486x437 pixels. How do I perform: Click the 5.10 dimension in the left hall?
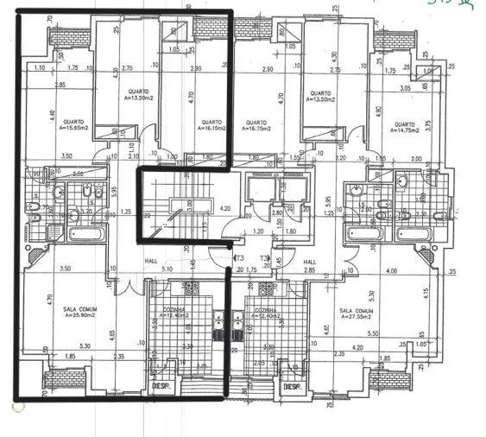tap(167, 269)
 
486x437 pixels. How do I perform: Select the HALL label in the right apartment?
tap(310, 262)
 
